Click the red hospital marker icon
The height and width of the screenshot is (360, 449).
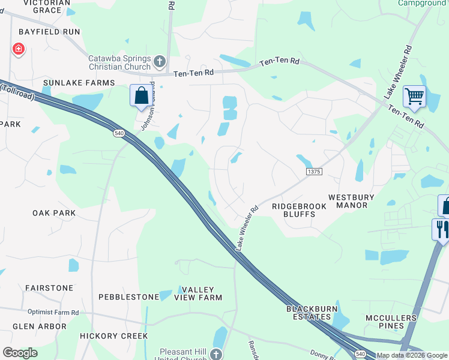coord(18,49)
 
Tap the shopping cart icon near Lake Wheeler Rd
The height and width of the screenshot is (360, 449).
coord(414,96)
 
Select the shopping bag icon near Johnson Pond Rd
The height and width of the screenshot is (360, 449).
coord(141,96)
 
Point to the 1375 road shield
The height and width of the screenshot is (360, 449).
coord(314,172)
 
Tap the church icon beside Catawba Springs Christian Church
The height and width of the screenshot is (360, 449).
coord(160,61)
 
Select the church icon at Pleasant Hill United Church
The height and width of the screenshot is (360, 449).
coord(216,354)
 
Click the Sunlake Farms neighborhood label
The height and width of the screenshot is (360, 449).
coord(79,83)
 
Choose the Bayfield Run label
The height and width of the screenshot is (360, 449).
coord(49,31)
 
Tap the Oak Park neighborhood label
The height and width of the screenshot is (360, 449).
coord(54,213)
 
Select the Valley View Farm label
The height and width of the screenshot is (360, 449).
coord(198,293)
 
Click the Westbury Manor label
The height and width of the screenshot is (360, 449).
coord(351,201)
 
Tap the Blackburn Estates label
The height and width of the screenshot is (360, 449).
coord(308,313)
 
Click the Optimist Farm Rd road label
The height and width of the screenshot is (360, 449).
coord(53,312)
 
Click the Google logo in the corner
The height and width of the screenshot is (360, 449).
coord(20,353)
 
